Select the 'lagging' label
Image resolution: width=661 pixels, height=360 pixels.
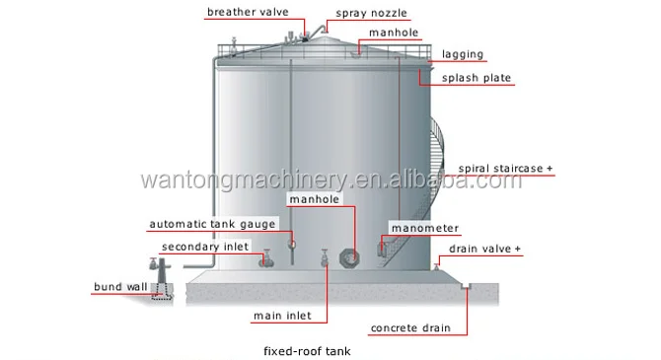[x=463, y=55]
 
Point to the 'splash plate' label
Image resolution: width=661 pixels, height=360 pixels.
[x=476, y=77]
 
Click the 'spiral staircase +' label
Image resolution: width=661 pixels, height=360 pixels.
[x=505, y=169]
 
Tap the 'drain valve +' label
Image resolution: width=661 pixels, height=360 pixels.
[x=486, y=249]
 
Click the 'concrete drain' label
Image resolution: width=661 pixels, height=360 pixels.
[x=409, y=327]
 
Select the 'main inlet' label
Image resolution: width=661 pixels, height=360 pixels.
[x=282, y=317]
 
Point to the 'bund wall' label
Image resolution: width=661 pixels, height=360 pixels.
[x=120, y=287]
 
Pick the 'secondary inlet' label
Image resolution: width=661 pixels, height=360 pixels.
[x=205, y=247]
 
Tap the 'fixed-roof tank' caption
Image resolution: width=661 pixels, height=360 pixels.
[x=307, y=350]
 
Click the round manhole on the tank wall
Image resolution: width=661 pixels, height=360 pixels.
[x=349, y=257]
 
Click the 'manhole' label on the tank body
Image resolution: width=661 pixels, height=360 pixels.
[x=314, y=199]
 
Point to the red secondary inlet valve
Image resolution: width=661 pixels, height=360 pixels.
[x=264, y=258]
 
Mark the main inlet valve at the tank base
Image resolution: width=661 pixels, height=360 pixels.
[x=325, y=259]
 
